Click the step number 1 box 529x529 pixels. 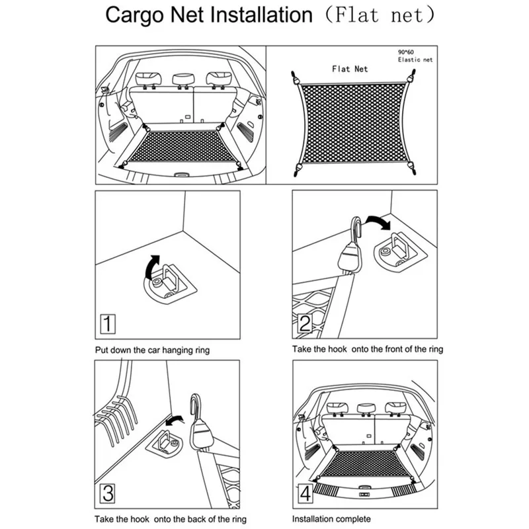[108, 324]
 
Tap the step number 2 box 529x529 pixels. [305, 323]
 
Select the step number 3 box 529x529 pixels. [108, 493]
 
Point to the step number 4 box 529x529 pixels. [305, 493]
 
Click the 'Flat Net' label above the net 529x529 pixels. [350, 69]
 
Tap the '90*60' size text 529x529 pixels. [405, 52]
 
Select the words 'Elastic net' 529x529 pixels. [415, 60]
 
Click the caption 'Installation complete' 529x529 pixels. [331, 518]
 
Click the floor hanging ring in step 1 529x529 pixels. [169, 283]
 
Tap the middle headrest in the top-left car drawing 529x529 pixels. [183, 79]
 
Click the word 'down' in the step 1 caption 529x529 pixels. [121, 350]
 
